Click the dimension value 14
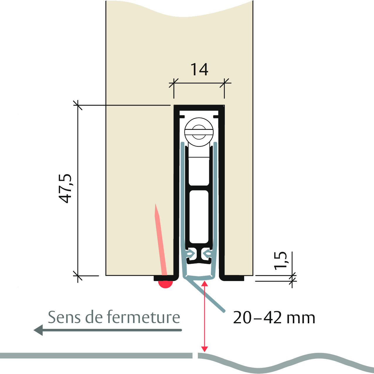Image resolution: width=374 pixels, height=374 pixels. coord(199,69)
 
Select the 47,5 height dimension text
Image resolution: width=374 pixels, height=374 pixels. coord(65,189)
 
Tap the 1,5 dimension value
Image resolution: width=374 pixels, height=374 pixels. coord(280,261)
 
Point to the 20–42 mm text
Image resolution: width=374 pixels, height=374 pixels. coord(274,318)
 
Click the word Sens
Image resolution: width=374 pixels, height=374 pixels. coord(64,317)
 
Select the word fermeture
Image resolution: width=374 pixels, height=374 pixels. coord(144,317)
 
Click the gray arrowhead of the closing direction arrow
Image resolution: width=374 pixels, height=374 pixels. coord(38,330)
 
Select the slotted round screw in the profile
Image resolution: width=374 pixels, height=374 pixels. coord(199,132)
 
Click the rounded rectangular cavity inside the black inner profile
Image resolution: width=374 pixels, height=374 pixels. coord(199,217)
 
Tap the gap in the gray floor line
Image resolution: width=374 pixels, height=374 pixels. coord(195,356)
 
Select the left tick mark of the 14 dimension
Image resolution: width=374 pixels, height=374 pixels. coord(174,83)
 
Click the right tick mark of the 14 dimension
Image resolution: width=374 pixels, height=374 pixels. coord(224,83)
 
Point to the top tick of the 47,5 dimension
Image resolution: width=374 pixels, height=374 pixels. coord(78,105)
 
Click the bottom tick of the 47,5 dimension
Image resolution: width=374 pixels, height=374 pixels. coord(78,276)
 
